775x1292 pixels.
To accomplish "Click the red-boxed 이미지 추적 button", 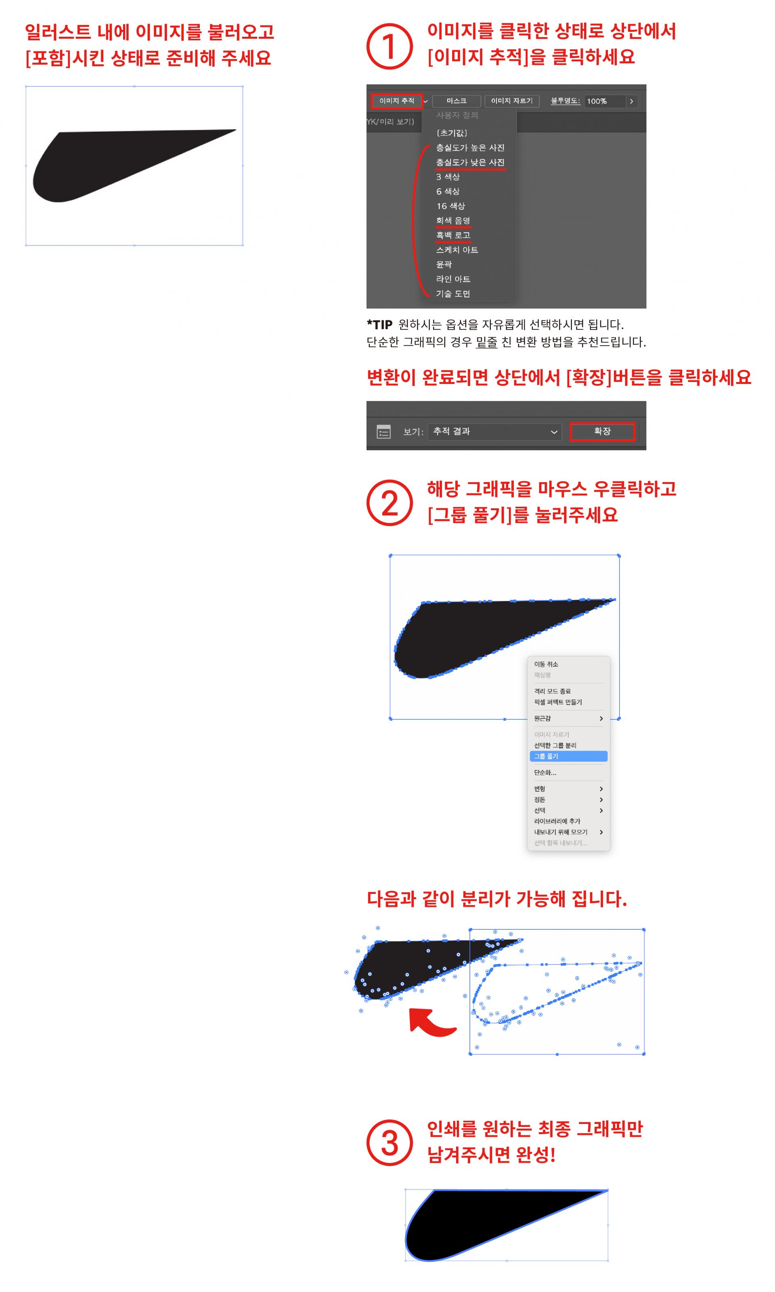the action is pos(396,101).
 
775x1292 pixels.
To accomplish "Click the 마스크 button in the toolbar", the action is pos(457,101).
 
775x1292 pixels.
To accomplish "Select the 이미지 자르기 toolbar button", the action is pos(512,101).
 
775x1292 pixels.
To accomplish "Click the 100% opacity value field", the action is pos(604,101).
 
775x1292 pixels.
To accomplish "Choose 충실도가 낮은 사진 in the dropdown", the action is pos(470,162).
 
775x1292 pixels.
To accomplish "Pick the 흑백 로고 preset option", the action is pos(453,235).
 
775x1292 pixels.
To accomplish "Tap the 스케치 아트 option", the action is pos(457,250).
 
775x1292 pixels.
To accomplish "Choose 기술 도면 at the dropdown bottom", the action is pos(453,294).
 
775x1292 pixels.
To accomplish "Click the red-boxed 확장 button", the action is pos(602,431).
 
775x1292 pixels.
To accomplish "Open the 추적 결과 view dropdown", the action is pos(494,431).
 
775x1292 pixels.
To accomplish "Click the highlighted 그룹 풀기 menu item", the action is pos(568,756).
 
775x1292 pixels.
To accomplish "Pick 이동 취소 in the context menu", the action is pos(546,664).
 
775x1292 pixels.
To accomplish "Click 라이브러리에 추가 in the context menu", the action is pos(557,821).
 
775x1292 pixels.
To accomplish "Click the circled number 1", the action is pos(390,46).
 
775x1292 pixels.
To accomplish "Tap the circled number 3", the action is pos(390,1143).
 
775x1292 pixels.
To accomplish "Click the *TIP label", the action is pos(380,324).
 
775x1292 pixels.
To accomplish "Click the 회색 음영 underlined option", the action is pos(453,220).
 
